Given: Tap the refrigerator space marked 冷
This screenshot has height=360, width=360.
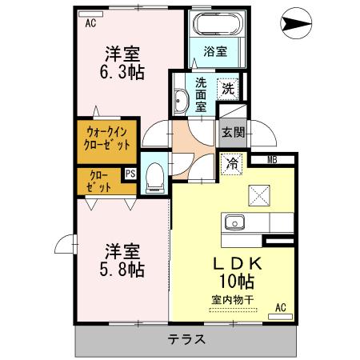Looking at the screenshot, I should [232, 166].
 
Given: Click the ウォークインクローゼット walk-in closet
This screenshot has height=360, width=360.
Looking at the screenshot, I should [107, 139].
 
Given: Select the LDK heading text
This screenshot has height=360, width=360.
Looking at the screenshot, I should [236, 263].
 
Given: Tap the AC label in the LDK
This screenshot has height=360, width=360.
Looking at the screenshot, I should [282, 306].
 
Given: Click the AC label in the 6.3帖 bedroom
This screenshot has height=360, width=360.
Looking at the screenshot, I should [90, 23].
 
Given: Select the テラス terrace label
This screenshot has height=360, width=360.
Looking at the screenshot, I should [186, 339].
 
